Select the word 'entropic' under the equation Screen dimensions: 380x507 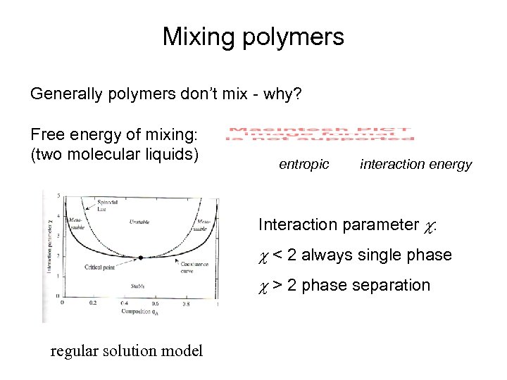point(303,164)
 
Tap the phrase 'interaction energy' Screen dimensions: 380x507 point(415,164)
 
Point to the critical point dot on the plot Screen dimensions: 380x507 point(141,258)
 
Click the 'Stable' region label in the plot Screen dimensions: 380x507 point(138,285)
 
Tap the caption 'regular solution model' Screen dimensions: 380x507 point(127,350)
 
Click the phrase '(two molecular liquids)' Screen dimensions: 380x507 point(113,153)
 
